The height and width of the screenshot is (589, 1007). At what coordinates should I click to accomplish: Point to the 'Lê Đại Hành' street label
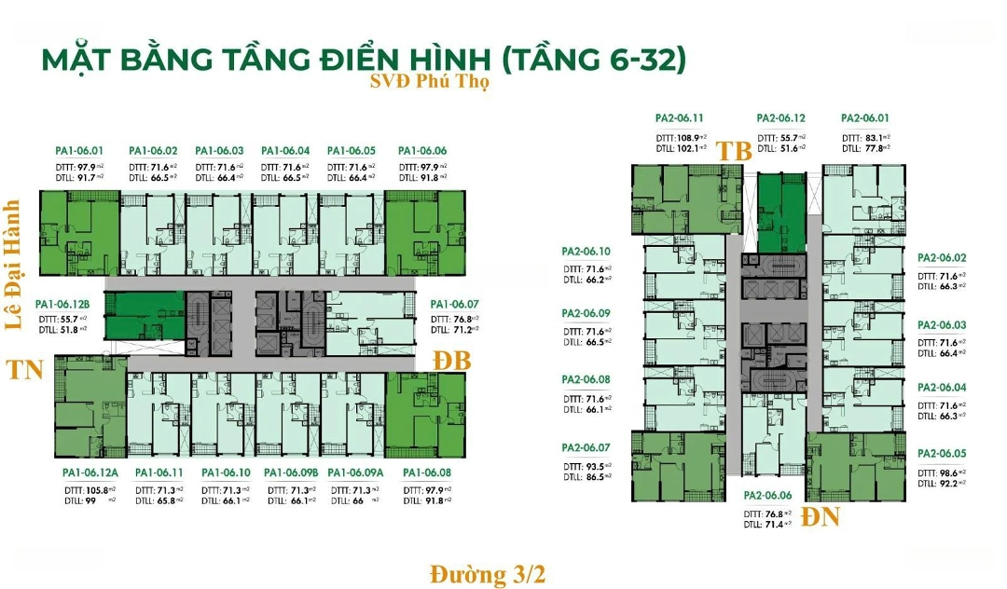tap(13, 267)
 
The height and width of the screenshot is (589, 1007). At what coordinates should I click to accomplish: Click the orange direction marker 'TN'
tap(25, 370)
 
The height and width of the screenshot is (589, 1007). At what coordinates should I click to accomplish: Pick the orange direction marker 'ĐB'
tap(453, 361)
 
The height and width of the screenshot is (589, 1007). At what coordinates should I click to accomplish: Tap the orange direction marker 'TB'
tap(734, 151)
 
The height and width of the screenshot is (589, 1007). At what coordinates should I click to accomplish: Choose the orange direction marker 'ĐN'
tap(821, 516)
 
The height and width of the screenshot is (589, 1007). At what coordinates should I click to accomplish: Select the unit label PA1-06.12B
tap(63, 305)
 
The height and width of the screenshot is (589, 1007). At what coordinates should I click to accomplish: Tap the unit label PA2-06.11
tap(679, 118)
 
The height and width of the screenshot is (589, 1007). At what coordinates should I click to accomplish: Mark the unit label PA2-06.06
tap(767, 497)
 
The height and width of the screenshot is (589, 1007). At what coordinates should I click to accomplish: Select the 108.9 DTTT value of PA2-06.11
tap(691, 137)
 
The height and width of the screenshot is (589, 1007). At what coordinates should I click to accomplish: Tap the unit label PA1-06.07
tap(454, 305)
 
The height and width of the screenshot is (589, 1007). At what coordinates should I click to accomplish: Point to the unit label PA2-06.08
tap(586, 380)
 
